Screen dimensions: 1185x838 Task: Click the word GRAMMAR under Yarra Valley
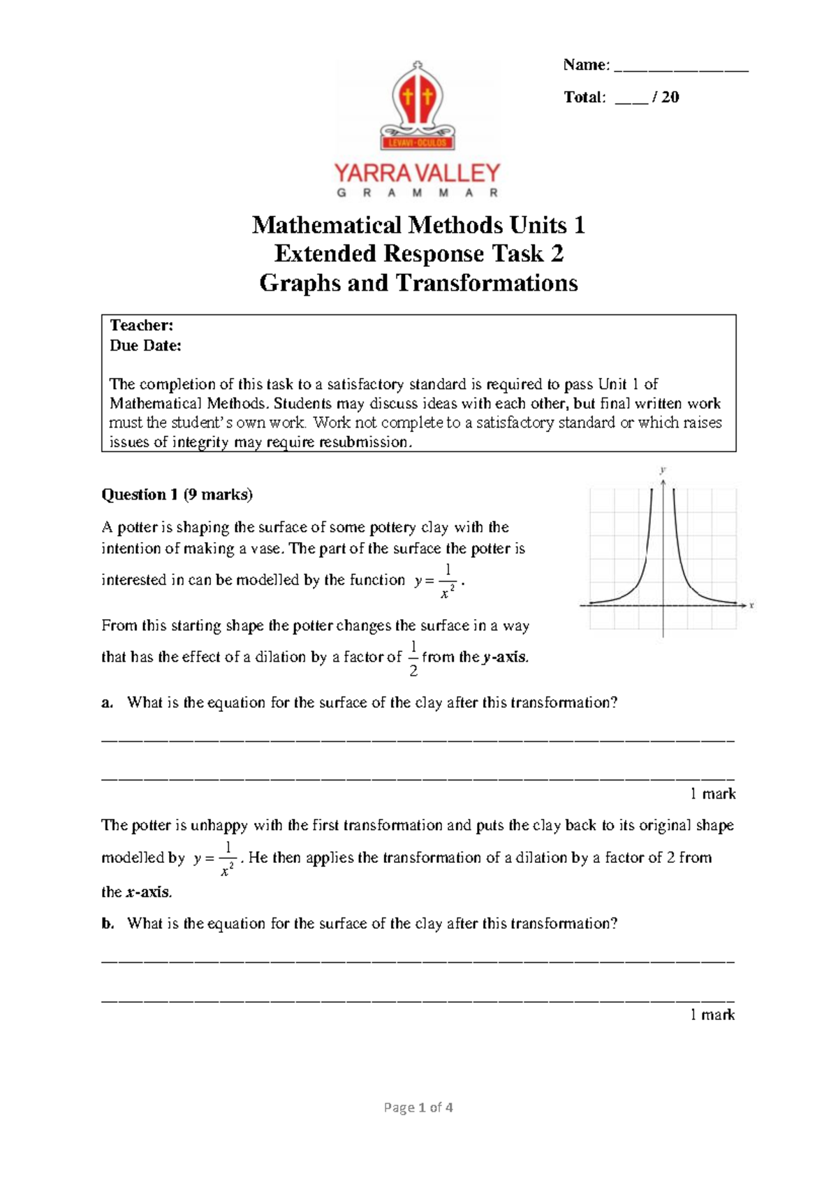(418, 193)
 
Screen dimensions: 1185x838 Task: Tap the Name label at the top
(586, 65)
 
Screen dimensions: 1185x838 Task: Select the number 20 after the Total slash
(670, 97)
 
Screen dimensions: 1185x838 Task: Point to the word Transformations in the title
(487, 283)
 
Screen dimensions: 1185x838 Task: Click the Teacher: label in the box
(142, 326)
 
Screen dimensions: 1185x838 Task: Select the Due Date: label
(145, 345)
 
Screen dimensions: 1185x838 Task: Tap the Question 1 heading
(139, 495)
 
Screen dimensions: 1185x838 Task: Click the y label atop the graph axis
(663, 470)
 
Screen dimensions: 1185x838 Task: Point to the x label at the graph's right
(751, 606)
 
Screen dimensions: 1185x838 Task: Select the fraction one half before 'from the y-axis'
(413, 657)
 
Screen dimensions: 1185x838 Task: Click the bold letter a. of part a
(107, 703)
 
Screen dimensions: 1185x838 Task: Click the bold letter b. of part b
(107, 924)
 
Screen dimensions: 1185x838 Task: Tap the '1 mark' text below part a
(712, 794)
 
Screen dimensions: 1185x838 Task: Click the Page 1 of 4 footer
(418, 1107)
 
